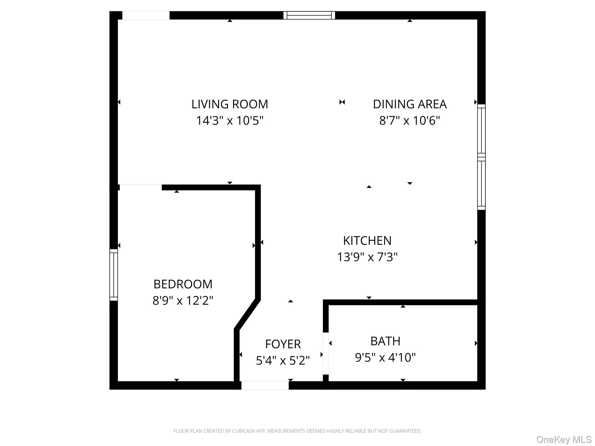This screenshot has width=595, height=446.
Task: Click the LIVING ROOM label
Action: click(230, 104)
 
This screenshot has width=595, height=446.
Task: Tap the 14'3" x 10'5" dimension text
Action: click(230, 121)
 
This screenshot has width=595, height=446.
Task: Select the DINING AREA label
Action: click(409, 104)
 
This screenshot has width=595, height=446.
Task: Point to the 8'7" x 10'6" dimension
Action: click(409, 121)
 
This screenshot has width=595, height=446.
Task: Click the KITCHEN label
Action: click(367, 241)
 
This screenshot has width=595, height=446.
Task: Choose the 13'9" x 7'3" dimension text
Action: click(367, 257)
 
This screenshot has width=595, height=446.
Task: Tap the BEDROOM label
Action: click(183, 284)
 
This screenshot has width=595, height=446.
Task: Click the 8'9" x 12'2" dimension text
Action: click(183, 301)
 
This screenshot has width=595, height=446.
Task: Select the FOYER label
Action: click(283, 344)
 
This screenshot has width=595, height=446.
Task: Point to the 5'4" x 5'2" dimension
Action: click(283, 361)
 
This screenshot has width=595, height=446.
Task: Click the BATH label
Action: click(385, 341)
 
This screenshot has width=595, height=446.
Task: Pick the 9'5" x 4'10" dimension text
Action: click(385, 357)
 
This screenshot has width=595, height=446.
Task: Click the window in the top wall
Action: click(309, 15)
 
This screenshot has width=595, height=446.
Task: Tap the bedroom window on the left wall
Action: click(114, 275)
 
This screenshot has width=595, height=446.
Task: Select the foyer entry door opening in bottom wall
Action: click(265, 385)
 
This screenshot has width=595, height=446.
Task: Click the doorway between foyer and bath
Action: click(326, 353)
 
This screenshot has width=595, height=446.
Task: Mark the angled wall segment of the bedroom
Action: click(247, 314)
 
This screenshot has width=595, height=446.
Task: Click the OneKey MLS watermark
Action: click(564, 439)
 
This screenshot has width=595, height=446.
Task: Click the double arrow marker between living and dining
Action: click(342, 102)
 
